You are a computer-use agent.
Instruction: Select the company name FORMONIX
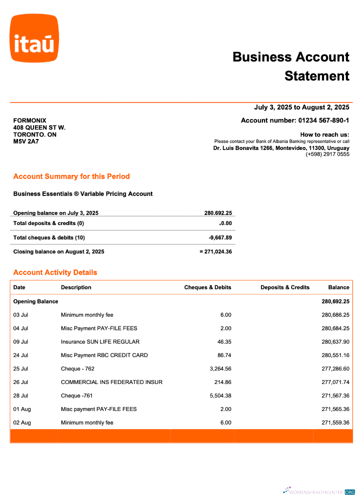29,120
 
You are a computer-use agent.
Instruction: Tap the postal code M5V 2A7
26,141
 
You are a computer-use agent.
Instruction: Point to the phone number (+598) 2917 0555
327,154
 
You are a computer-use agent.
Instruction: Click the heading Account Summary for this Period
71,176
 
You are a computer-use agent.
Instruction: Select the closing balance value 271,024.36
218,251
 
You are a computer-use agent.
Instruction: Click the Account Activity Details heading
55,272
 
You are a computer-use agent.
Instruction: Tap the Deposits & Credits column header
285,287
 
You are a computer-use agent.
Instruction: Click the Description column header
76,287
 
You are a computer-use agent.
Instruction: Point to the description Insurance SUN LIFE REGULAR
100,342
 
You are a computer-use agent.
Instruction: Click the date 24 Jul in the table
20,355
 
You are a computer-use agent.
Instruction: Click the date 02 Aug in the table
22,423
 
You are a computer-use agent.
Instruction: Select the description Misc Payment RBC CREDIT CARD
104,355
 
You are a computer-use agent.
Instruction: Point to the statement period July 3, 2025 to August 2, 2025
301,107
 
